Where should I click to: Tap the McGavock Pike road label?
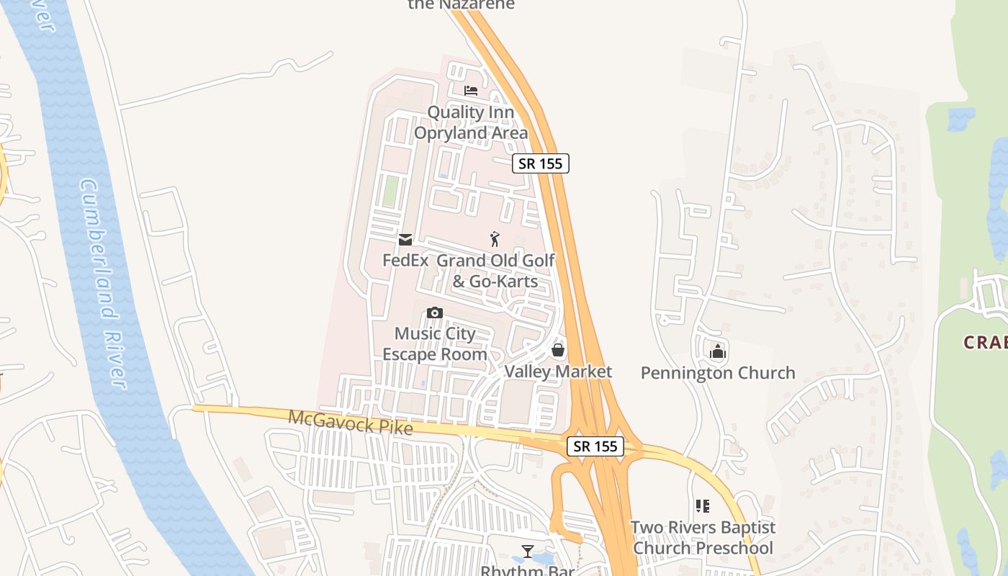pos(351,422)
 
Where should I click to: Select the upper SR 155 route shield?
pos(541,163)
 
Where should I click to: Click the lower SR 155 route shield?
pos(595,446)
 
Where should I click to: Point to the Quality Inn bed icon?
pos(471,91)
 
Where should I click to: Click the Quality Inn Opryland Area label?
pos(471,122)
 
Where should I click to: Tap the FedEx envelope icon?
pos(405,240)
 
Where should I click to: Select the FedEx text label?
pos(405,260)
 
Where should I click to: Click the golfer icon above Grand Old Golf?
pos(495,239)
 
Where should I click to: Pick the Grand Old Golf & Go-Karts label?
pos(496,270)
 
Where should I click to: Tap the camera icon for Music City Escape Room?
pos(434,312)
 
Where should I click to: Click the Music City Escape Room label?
pos(435,344)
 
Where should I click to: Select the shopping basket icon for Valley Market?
pos(557,351)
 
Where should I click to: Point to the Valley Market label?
pos(558,372)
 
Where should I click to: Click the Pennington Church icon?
pos(718,352)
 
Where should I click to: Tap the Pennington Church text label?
pos(718,373)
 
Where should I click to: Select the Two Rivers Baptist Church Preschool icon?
pos(702,506)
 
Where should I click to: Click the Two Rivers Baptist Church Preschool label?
pos(703,538)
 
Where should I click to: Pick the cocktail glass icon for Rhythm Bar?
pos(528,552)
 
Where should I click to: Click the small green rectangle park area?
pos(390,192)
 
